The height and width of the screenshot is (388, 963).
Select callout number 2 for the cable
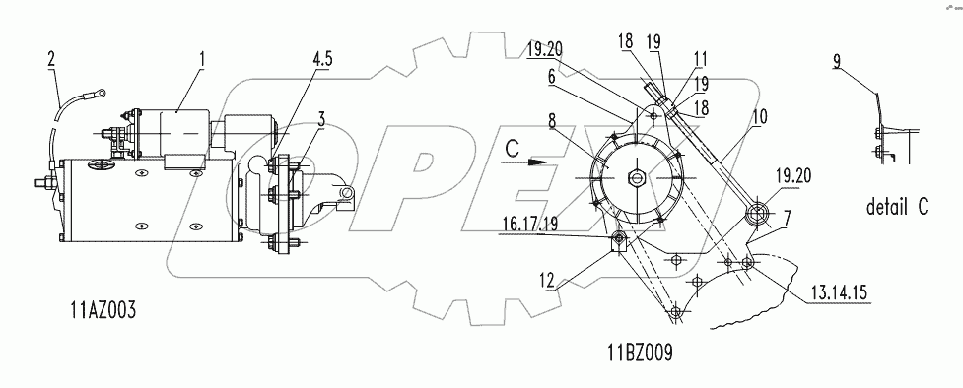(52, 59)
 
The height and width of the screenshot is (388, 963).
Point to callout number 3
(320, 119)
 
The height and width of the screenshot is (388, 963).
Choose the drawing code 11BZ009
(640, 353)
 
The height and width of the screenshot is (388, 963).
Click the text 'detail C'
(897, 207)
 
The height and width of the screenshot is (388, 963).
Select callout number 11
(700, 59)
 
